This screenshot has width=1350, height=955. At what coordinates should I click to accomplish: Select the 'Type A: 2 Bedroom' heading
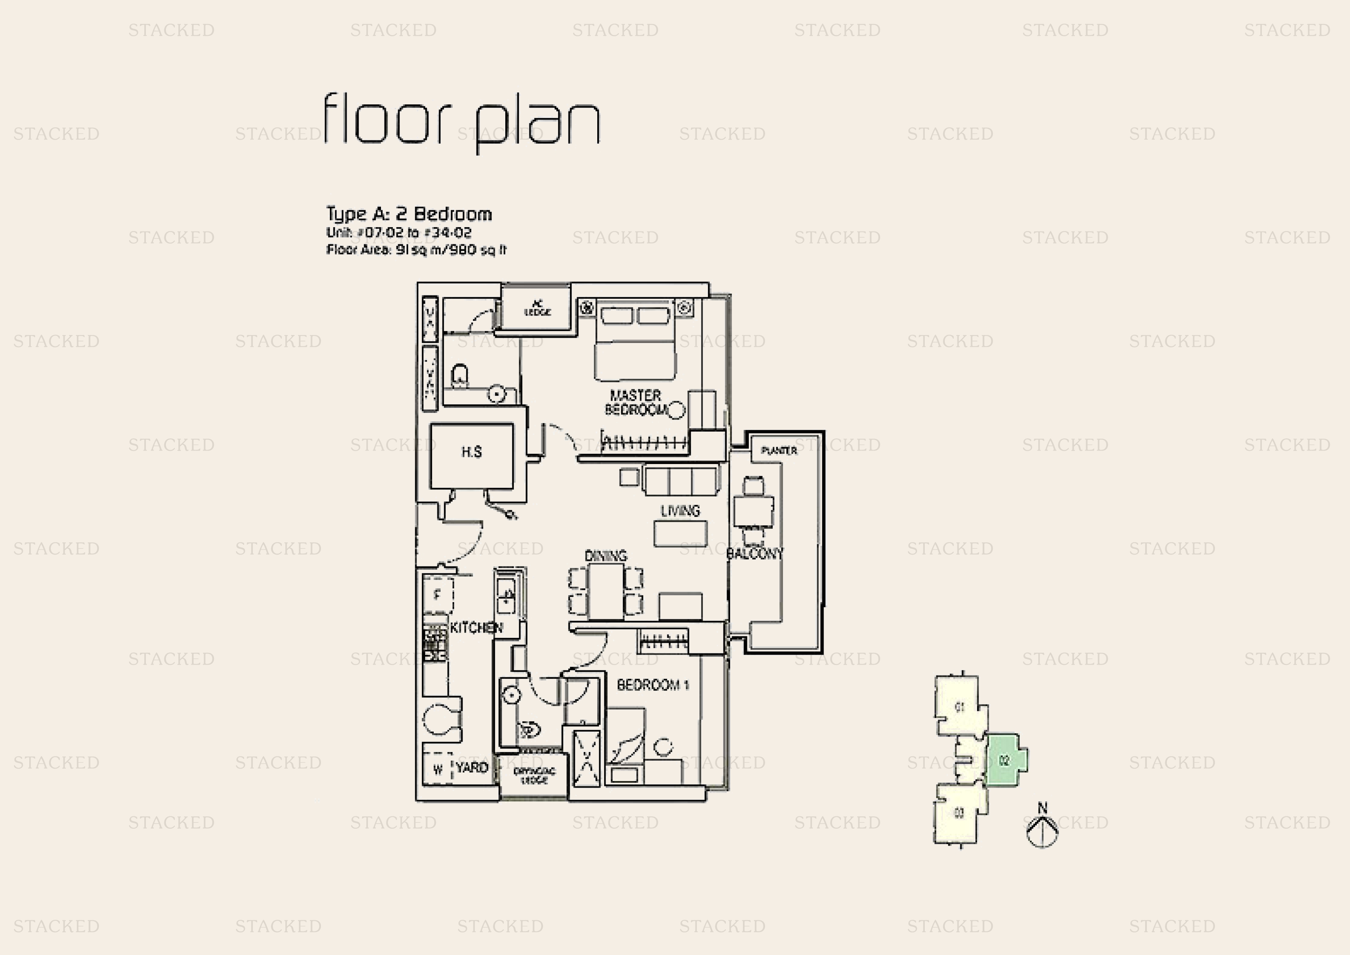click(x=409, y=214)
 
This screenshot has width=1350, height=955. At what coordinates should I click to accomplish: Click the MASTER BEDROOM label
click(x=636, y=402)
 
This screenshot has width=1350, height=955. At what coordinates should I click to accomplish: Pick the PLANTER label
click(x=779, y=451)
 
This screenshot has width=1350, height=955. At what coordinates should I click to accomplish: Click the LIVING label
click(x=680, y=511)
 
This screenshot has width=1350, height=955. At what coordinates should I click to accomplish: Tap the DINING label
click(x=606, y=555)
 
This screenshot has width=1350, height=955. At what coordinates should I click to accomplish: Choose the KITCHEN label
click(x=476, y=628)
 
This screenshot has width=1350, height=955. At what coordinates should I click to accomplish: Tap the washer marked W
click(x=438, y=769)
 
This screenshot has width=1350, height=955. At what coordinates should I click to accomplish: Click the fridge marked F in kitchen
click(x=438, y=595)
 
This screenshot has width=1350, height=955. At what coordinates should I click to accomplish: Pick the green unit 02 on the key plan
click(x=1004, y=760)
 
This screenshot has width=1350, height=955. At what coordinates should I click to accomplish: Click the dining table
click(x=606, y=591)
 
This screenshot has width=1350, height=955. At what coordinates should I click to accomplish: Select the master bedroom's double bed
click(x=635, y=341)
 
